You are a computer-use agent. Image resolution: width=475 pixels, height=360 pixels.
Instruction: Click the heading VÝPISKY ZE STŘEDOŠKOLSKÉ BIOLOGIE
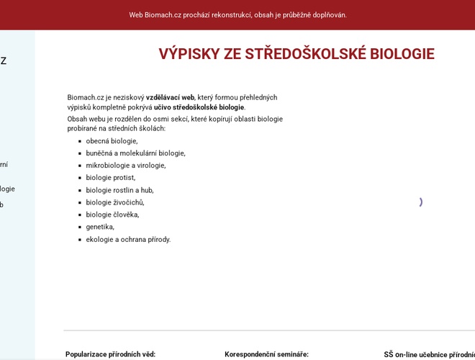[297, 54]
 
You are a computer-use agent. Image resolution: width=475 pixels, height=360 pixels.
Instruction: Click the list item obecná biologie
[112, 141]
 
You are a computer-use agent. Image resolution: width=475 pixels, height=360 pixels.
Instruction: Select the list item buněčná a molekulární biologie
[135, 153]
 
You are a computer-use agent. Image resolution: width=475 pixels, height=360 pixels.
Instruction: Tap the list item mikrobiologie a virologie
[125, 166]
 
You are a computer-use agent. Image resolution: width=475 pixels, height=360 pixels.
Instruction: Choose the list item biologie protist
[110, 178]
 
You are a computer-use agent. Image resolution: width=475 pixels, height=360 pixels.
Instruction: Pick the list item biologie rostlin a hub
[119, 190]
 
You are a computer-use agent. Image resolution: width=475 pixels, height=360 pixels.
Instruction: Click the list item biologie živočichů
[114, 202]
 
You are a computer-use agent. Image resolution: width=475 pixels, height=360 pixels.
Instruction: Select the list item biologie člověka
[112, 215]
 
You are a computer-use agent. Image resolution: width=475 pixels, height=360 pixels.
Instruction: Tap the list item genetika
[100, 227]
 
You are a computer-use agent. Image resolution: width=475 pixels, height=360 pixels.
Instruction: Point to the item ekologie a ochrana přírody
[128, 239]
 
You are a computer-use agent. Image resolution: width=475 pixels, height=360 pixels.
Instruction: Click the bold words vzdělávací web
[171, 97]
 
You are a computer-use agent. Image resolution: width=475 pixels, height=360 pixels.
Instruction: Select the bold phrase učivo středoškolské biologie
[199, 107]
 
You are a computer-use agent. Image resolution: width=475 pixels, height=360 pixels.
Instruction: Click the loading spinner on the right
[420, 202]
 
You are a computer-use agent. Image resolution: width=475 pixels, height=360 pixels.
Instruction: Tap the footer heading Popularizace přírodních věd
[111, 354]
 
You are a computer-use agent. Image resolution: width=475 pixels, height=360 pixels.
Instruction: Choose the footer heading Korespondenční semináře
[266, 354]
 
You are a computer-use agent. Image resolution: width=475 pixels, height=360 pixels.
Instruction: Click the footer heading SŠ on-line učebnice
[428, 354]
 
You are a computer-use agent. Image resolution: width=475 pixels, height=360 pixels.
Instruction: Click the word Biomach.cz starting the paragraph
[86, 97]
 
